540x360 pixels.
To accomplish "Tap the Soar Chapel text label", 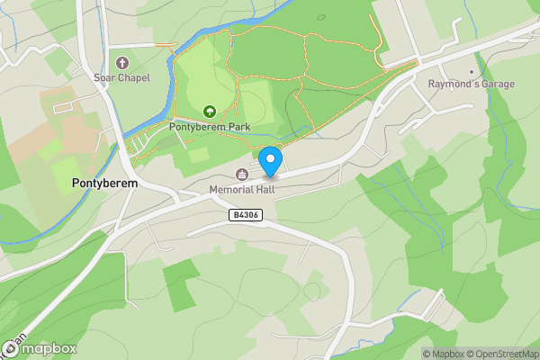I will click(122, 78).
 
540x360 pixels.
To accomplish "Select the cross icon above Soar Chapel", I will click(122, 63).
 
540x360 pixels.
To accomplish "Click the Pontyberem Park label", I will click(210, 127).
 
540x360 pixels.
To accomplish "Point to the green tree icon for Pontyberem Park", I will click(210, 112).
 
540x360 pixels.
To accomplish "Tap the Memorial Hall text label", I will click(242, 190).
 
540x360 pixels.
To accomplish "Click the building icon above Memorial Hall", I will click(242, 175).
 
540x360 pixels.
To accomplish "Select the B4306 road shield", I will click(244, 215).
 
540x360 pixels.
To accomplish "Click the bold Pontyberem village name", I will click(104, 183).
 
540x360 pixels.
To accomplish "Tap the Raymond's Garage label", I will click(472, 85).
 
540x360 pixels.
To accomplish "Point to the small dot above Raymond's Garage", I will click(472, 72).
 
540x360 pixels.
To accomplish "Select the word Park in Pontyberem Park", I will click(238, 127).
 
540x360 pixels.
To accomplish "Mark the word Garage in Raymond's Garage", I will click(497, 85).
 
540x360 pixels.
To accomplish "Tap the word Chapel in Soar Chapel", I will click(133, 78).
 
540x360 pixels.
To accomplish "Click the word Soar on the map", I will click(104, 78).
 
